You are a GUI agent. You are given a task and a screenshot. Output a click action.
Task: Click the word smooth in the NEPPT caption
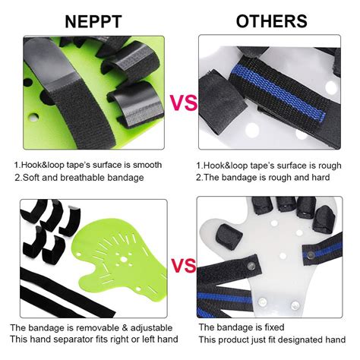[146, 164]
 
